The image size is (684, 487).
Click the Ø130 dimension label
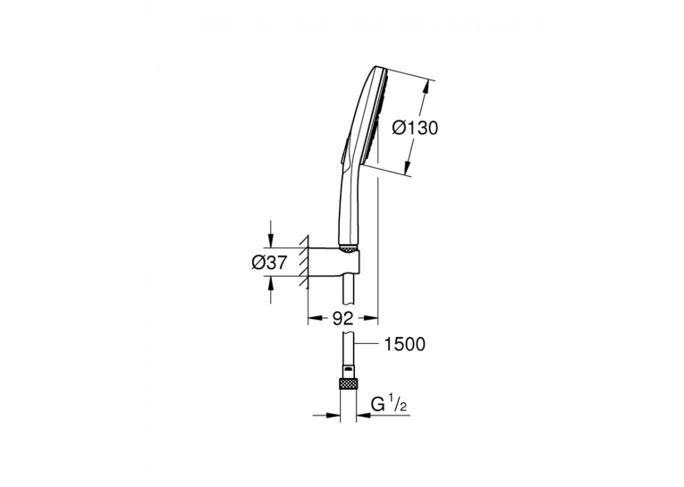pyautogui.click(x=414, y=128)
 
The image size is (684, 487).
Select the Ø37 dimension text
pyautogui.click(x=270, y=263)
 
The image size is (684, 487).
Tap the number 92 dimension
pyautogui.click(x=342, y=319)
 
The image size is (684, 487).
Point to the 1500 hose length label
pyautogui.click(x=404, y=344)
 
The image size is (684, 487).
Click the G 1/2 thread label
pyautogui.click(x=389, y=405)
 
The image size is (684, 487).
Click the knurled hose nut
pyautogui.click(x=348, y=384)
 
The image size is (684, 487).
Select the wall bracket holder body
pyautogui.click(x=334, y=264)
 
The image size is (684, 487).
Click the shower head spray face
pyautogui.click(x=381, y=118)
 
